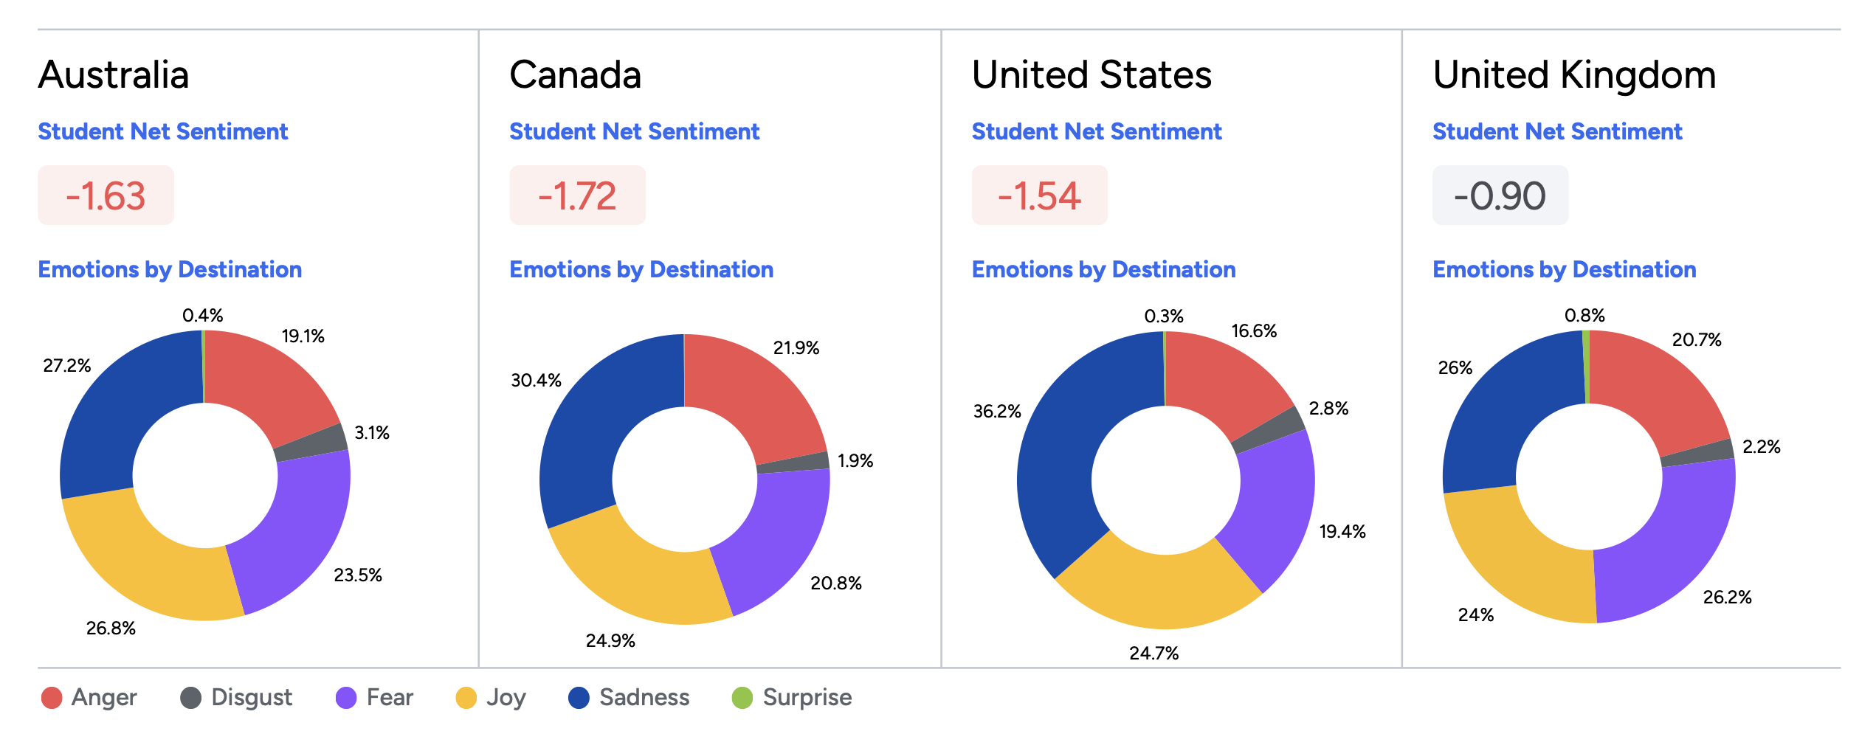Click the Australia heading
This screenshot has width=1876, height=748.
114,75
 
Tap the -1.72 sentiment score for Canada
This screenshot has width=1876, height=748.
577,195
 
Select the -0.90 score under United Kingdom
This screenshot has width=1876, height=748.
1500,195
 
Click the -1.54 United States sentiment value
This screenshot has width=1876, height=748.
1039,195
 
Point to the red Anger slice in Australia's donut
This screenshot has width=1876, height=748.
266,384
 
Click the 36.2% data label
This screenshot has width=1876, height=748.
997,412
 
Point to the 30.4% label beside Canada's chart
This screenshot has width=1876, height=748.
537,381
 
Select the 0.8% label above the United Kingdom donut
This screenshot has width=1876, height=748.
1584,316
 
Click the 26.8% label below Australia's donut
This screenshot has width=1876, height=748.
111,628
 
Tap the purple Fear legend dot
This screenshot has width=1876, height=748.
346,698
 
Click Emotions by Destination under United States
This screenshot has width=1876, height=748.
1103,270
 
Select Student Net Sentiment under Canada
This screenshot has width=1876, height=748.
634,132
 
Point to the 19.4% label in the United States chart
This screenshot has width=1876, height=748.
1342,532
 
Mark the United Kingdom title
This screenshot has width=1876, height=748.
1574,75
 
